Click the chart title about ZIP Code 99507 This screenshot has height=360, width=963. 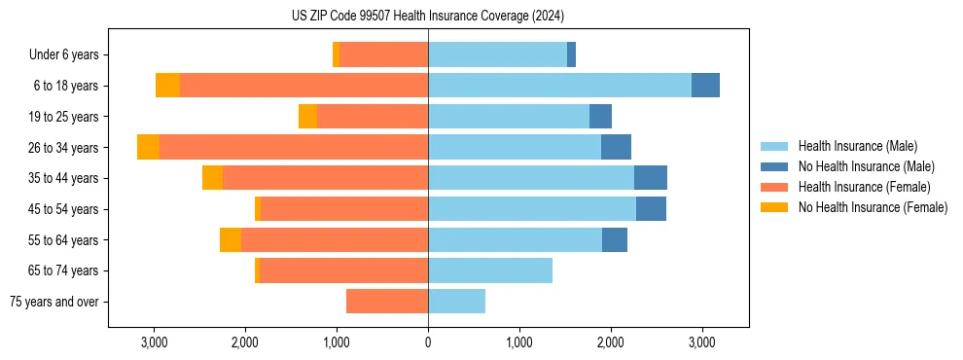click(x=428, y=16)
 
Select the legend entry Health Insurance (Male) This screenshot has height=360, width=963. click(x=857, y=146)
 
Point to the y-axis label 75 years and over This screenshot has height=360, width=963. click(x=54, y=302)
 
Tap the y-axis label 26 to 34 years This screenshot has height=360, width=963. click(x=63, y=148)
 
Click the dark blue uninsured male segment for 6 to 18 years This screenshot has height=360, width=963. click(x=705, y=86)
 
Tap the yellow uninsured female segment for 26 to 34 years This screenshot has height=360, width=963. click(x=148, y=148)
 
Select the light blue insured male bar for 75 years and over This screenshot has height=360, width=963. click(x=456, y=302)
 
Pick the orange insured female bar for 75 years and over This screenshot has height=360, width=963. click(x=387, y=302)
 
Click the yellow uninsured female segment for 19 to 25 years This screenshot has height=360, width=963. click(x=307, y=117)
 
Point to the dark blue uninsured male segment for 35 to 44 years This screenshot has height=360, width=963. click(x=651, y=178)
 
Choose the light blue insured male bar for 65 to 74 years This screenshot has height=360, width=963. click(x=490, y=270)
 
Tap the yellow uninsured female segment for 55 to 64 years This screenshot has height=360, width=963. click(x=231, y=240)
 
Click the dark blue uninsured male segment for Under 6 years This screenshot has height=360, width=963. click(x=571, y=55)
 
